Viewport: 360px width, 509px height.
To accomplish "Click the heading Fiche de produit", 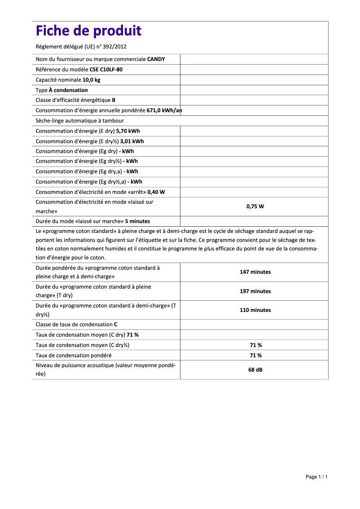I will point(88,31).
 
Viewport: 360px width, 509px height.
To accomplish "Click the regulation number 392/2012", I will point(117,46).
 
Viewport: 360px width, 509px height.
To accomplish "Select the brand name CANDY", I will point(156,59).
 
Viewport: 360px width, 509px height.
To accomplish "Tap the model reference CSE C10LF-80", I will point(106,70).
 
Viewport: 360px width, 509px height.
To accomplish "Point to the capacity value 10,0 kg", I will point(91,80).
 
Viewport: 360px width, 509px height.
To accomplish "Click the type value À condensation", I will point(68,90).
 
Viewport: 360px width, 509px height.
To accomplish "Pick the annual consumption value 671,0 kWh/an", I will point(164,110).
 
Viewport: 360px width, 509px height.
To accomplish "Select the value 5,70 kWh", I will point(128,131).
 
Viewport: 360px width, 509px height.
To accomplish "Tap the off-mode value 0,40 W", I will point(156,192).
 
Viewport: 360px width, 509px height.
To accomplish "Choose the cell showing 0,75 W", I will point(255,206).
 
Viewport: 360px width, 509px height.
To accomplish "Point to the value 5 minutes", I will point(137,221).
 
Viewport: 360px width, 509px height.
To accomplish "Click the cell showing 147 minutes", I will point(255,272).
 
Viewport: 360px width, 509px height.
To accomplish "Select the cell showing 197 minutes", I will point(255,291).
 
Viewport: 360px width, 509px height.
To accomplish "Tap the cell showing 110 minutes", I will point(255,310).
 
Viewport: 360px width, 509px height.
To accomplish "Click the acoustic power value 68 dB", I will point(255,370).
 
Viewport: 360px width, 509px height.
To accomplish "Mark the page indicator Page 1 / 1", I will point(316,477).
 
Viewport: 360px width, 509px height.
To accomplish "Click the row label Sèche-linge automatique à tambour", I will point(79,121).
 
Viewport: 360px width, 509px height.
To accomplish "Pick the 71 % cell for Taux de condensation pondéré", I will point(255,355).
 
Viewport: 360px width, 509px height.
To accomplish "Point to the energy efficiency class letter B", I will point(114,100).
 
